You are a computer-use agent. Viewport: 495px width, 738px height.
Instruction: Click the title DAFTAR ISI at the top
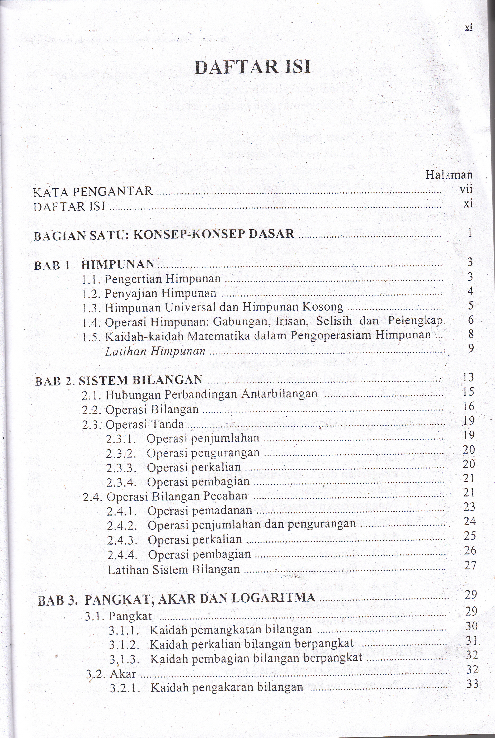253,67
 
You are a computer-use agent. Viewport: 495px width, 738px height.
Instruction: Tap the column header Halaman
449,174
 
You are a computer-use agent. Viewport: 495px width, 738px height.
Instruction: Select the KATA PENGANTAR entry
93,191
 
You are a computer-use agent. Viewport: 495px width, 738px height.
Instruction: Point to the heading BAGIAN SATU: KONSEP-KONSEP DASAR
164,234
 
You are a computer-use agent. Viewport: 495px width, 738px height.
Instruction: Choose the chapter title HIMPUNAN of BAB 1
118,264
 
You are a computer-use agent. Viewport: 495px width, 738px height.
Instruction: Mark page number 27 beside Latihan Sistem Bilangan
469,565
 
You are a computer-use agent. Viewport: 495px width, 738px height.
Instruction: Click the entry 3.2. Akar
111,674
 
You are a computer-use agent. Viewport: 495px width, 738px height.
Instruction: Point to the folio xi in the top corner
469,28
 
